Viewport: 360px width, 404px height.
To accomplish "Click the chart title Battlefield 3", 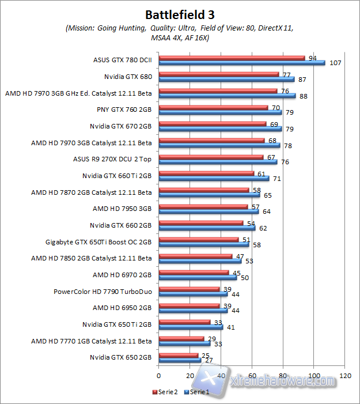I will pyautogui.click(x=179, y=14).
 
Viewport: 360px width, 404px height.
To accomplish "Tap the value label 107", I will pyautogui.click(x=334, y=63).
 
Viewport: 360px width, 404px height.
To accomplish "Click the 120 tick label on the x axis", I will pyautogui.click(x=346, y=375).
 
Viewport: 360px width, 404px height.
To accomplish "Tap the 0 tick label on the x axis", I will pyautogui.click(x=158, y=375).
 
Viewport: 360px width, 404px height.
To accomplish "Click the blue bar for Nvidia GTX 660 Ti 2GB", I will pyautogui.click(x=214, y=179).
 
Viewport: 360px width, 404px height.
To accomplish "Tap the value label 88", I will pyautogui.click(x=303, y=96).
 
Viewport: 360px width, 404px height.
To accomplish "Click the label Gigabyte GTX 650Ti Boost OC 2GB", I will pyautogui.click(x=98, y=241).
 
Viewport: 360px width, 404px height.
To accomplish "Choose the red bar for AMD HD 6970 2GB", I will pyautogui.click(x=194, y=273).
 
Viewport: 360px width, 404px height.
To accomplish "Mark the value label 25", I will pyautogui.click(x=205, y=355).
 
